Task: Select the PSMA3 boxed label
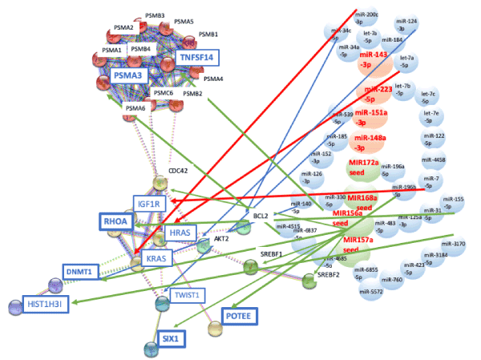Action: coord(127,75)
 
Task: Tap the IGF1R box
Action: coord(150,204)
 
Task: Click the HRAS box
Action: coord(178,232)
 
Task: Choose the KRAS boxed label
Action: coord(156,259)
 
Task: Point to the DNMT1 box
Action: coord(82,273)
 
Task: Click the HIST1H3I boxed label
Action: coord(34,304)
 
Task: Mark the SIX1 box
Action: coord(169,338)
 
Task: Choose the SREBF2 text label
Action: coord(329,274)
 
